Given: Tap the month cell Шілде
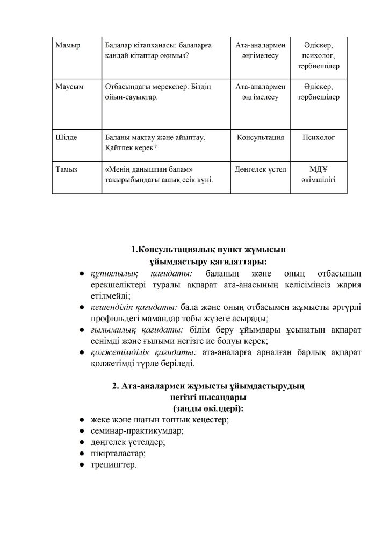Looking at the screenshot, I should click(67, 138).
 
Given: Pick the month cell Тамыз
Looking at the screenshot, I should click(67, 169).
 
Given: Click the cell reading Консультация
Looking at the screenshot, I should click(260, 138).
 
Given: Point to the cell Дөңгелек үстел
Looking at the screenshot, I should click(260, 169).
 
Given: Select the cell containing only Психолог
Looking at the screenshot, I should click(319, 138).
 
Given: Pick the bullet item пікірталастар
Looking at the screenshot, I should click(119, 453).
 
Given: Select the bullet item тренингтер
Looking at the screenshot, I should click(114, 464).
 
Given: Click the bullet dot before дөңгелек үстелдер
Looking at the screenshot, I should click(80, 442).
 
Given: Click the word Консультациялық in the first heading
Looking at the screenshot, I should click(174, 250).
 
